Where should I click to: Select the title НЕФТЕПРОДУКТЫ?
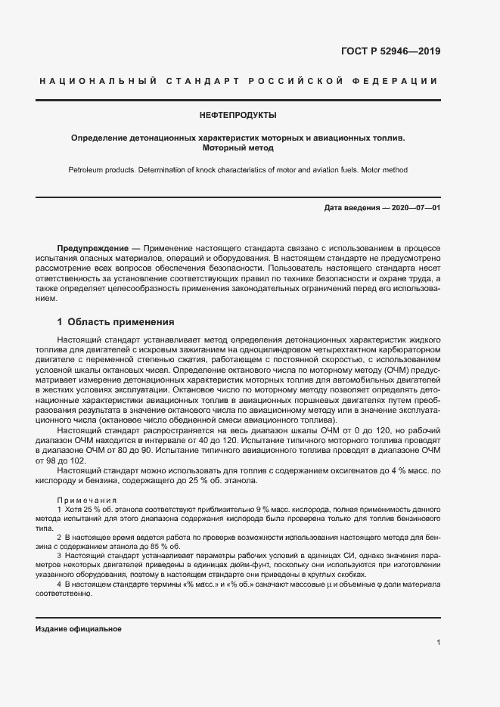coord(238,116)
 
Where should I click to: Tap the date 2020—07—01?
coord(415,207)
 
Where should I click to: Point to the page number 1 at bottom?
coord(438,642)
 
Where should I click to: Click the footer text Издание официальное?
coord(79,629)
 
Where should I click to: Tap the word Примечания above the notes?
coord(87,500)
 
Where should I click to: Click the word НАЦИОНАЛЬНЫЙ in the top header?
coord(98,80)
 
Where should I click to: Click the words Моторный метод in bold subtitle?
coord(238,149)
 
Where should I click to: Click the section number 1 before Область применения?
coord(61,322)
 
